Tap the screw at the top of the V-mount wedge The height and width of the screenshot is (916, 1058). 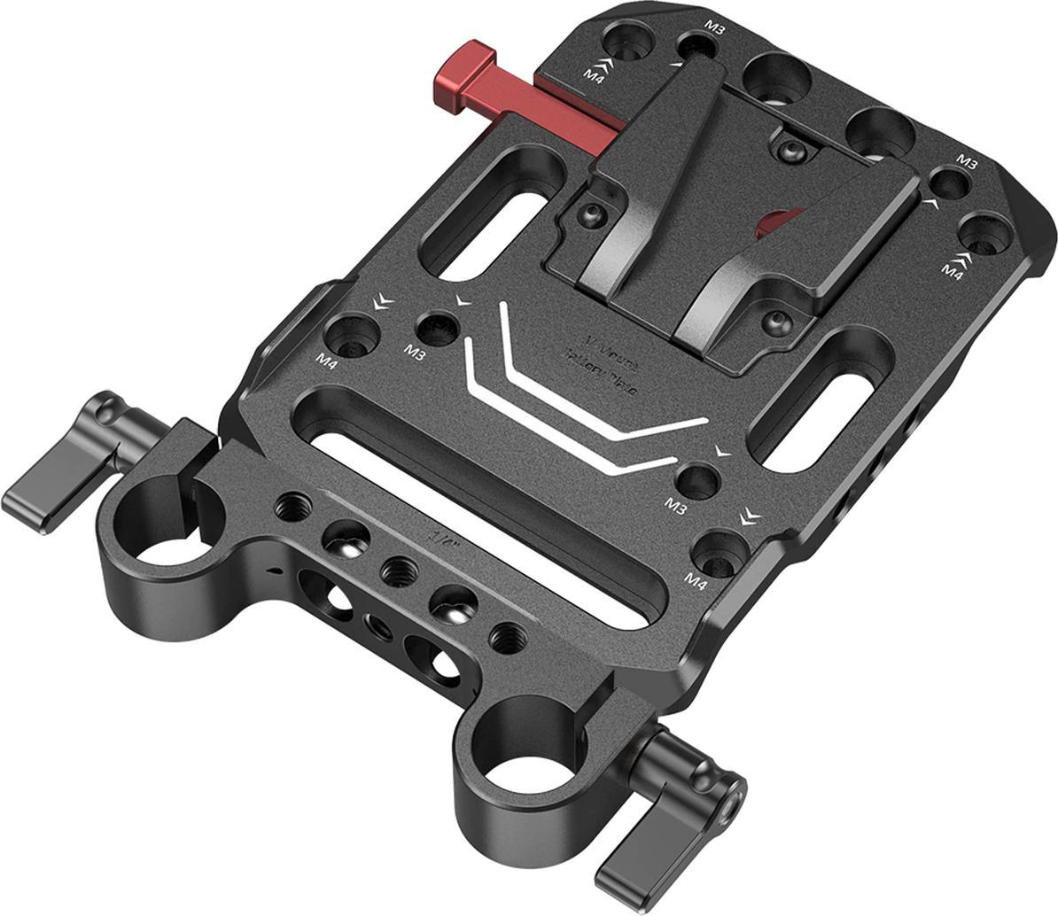point(787,151)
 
